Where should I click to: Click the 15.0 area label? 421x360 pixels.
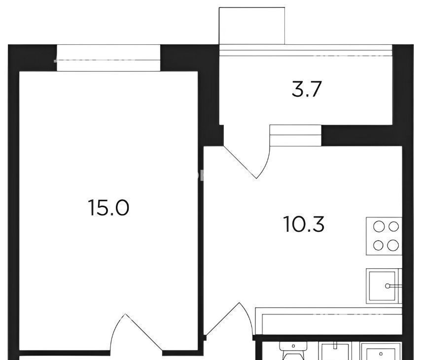click(108, 208)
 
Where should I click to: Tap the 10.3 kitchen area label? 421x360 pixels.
click(304, 224)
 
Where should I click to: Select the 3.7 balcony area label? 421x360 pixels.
click(307, 89)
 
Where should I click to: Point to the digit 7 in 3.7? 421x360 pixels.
click(316, 89)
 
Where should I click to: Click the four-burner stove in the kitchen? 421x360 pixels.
click(384, 236)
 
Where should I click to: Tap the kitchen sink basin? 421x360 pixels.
click(382, 286)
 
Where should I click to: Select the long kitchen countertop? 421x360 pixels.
click(329, 322)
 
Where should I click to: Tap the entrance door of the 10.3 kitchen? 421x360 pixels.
click(229, 319)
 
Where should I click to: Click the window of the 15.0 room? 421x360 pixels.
click(108, 58)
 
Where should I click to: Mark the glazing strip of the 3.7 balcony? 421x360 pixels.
click(306, 50)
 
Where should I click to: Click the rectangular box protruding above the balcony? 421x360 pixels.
click(252, 26)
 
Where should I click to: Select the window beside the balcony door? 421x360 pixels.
click(295, 136)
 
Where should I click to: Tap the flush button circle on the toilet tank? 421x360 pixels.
click(293, 346)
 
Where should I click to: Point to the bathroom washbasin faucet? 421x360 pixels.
click(335, 345)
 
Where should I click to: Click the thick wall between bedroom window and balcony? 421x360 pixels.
click(190, 58)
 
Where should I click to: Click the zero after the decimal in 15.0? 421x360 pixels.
click(121, 208)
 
